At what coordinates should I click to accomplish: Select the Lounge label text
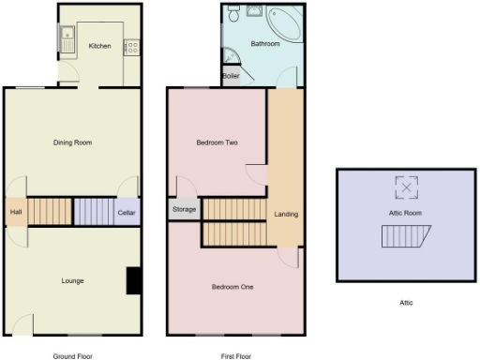pos(73,280)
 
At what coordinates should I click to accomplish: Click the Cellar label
pos(127,212)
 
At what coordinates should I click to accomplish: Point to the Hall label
pos(16,213)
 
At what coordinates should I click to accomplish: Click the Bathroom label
pos(265,44)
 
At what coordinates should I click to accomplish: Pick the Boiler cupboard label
pos(231,76)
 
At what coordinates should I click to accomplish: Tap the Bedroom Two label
pos(216,142)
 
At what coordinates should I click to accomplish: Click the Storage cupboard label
pos(185,209)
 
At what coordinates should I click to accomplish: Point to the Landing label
pos(286,215)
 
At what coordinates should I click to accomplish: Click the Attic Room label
pos(405,214)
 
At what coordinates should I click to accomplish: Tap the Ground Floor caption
pos(72,356)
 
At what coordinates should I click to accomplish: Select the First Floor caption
pos(235,356)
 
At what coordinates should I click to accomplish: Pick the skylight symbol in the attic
pos(406,188)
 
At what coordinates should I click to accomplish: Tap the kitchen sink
pos(67,40)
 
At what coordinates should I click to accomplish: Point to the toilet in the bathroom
pos(233,13)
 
